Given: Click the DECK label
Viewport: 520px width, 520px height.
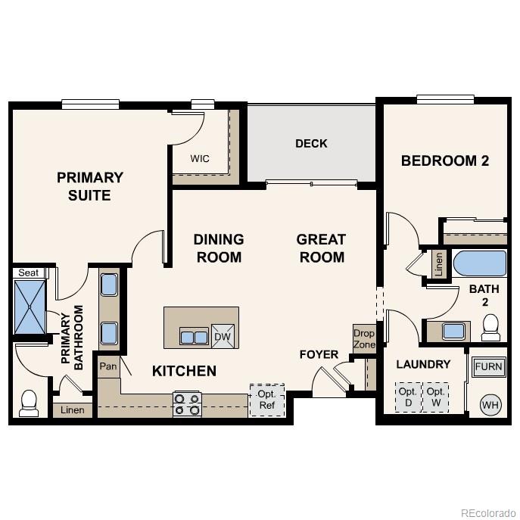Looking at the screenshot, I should (x=311, y=143).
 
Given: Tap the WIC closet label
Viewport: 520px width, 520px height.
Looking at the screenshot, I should (x=200, y=159).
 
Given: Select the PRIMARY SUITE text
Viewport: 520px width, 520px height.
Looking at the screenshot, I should (x=90, y=186).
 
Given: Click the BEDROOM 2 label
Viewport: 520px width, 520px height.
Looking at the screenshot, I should (x=445, y=160).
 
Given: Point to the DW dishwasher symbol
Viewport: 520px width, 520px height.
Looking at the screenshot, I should (x=223, y=337).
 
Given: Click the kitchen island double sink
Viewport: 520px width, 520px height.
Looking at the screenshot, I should (x=195, y=336).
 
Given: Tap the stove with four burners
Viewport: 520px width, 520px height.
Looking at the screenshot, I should (x=187, y=403).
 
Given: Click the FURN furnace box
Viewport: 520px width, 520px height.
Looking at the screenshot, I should (x=488, y=368).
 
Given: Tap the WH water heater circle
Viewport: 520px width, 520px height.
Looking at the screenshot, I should (x=490, y=405).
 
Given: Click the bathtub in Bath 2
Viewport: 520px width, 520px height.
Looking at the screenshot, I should (x=479, y=264).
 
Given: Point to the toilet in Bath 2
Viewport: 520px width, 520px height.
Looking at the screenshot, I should (x=490, y=326).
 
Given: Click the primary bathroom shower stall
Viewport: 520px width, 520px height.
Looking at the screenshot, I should (x=30, y=307).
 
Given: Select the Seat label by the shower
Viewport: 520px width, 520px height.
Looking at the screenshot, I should (x=28, y=272).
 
